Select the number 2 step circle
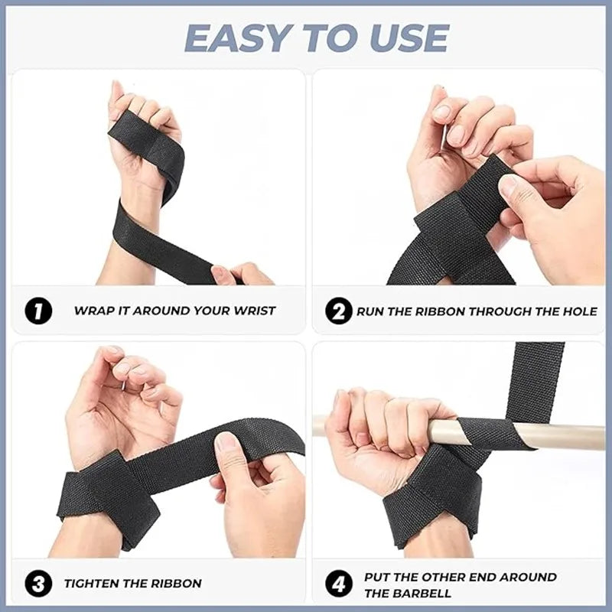coord(339,311)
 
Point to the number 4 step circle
coord(339,584)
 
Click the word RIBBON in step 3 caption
coord(177,584)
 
